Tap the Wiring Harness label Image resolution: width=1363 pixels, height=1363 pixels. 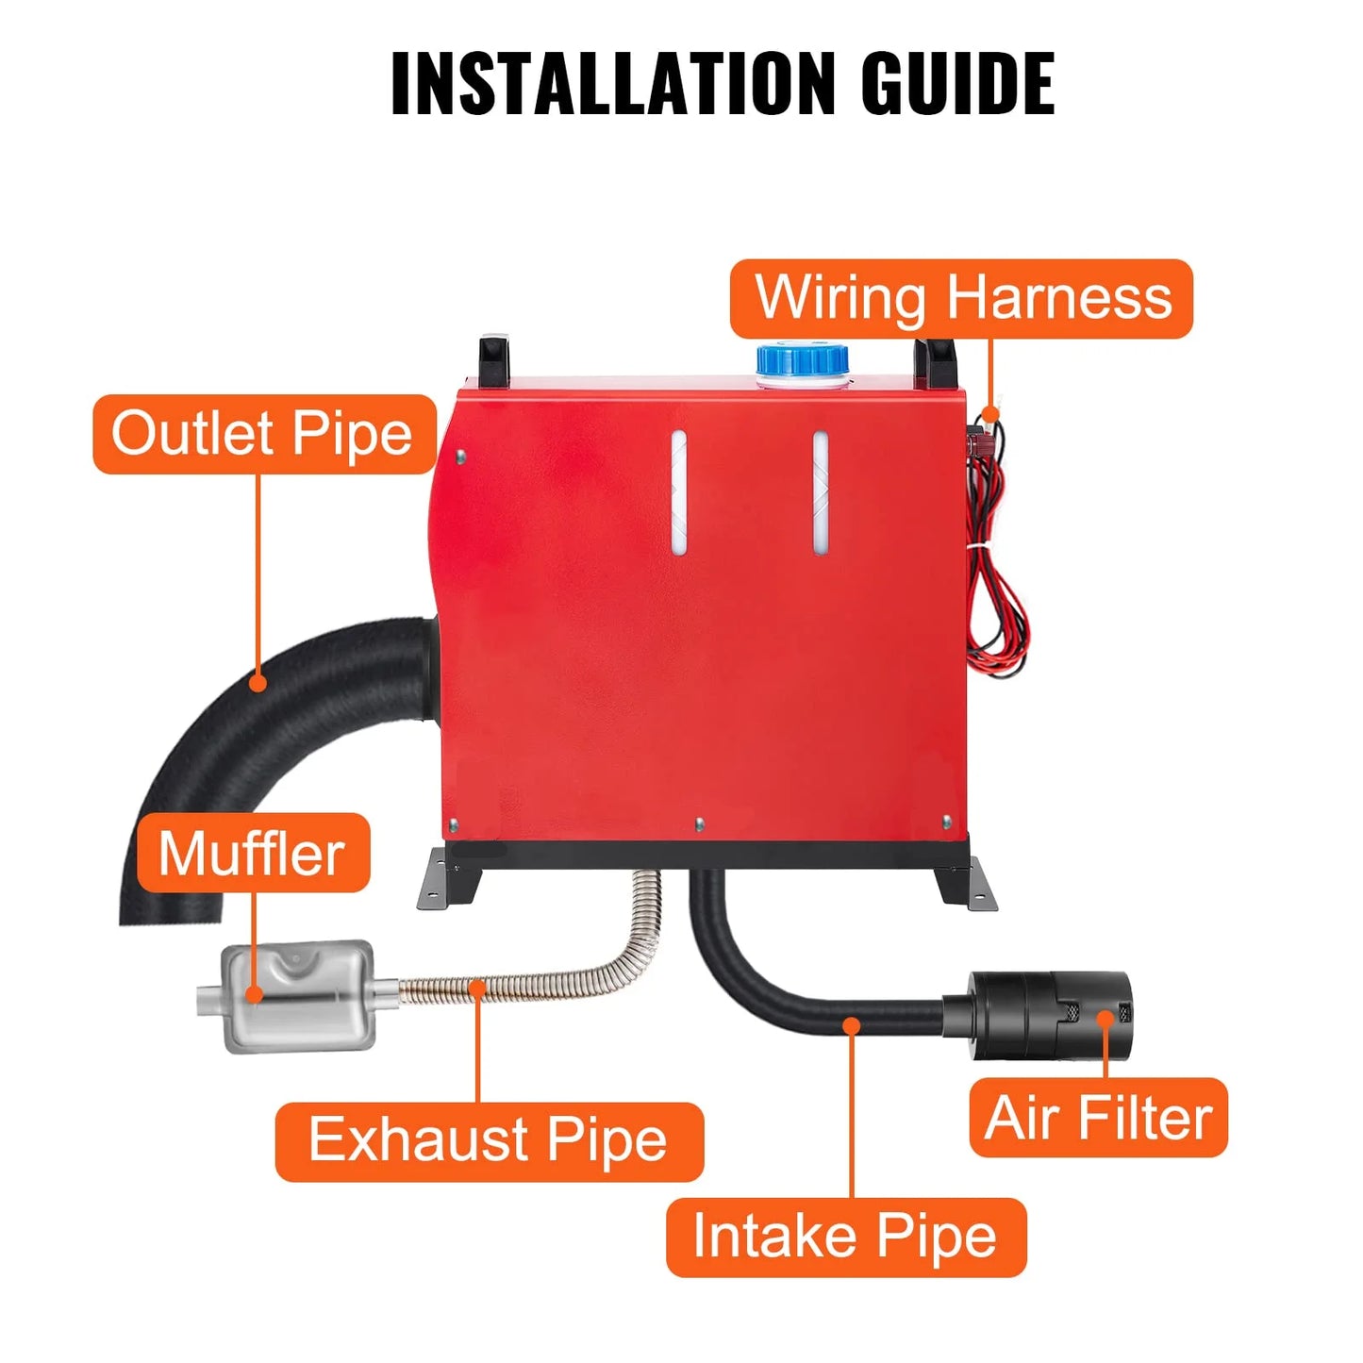pyautogui.click(x=961, y=299)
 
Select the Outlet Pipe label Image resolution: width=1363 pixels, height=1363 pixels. pyautogui.click(x=263, y=434)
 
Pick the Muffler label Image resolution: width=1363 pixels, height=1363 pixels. pyautogui.click(x=253, y=853)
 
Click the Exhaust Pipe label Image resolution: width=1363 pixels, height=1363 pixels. pyautogui.click(x=489, y=1141)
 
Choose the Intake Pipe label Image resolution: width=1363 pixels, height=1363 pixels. pyautogui.click(x=845, y=1237)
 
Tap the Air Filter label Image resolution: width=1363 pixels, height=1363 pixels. pyautogui.click(x=1098, y=1118)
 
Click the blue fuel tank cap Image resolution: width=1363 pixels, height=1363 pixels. pyautogui.click(x=802, y=359)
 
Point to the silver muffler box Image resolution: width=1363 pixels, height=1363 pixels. pyautogui.click(x=297, y=995)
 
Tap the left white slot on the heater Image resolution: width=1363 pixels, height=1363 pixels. pyautogui.click(x=678, y=492)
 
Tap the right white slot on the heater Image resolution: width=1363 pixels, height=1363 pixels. pyautogui.click(x=821, y=492)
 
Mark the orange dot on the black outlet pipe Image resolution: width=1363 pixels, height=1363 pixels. pyautogui.click(x=258, y=682)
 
